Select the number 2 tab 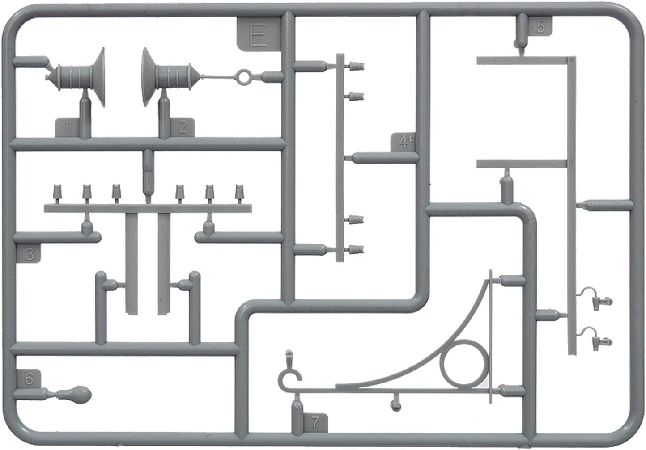(x=182, y=127)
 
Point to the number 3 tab (x=29, y=254)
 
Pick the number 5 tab (x=540, y=27)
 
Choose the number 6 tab (x=29, y=379)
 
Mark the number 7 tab (x=315, y=422)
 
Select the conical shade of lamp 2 (x=148, y=77)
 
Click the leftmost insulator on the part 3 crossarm (x=58, y=192)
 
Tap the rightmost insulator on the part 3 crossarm (x=240, y=192)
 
